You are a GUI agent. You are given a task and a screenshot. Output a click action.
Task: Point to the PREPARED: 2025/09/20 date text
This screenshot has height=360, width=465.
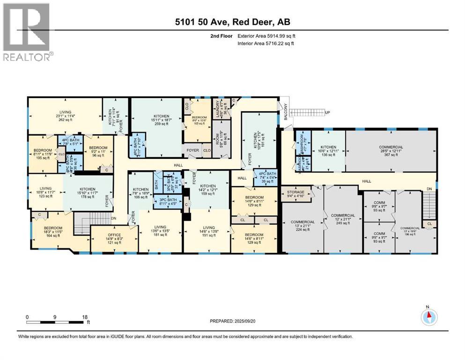pos(233,321)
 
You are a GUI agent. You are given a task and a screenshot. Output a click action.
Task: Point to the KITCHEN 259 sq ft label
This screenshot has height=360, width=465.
pos(157,120)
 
